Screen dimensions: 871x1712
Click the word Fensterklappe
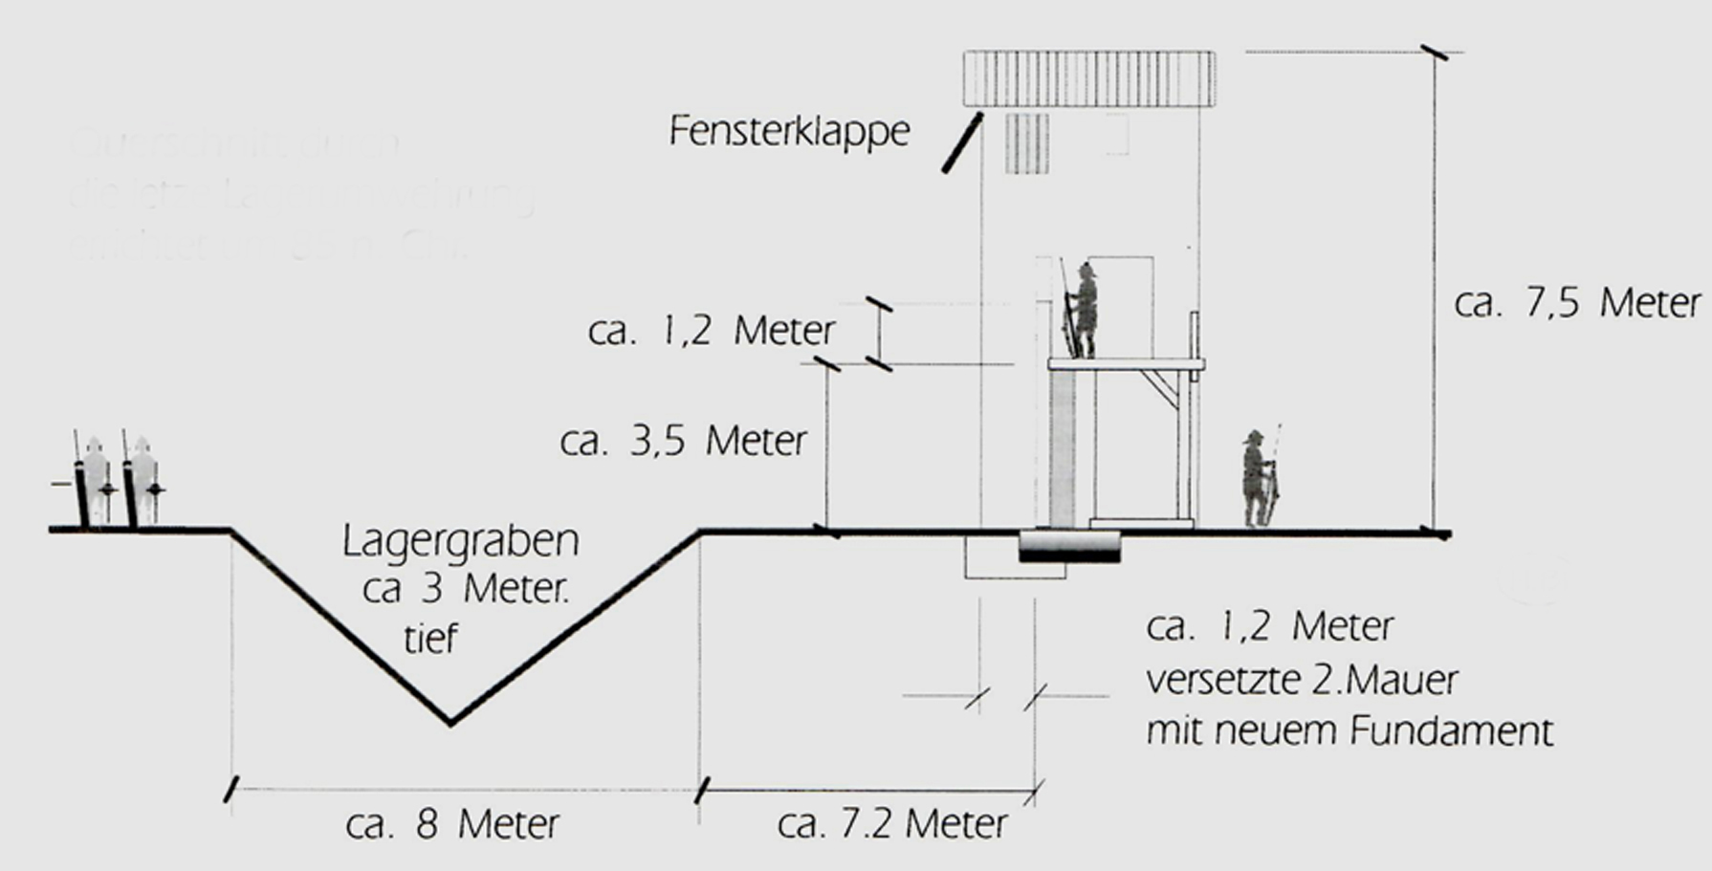789,131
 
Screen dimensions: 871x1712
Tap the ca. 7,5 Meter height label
1577,303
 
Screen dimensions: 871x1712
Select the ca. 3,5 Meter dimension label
684,441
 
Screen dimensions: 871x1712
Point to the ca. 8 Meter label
452,824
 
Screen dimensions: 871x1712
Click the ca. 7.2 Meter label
892,824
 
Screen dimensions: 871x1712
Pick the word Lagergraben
461,541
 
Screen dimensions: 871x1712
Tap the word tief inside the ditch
430,639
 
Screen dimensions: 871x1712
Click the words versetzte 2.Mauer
1302,681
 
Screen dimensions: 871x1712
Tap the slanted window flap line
962,143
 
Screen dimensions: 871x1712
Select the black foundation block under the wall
1069,547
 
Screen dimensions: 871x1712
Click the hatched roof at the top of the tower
1088,78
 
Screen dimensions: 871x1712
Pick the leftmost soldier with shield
93,481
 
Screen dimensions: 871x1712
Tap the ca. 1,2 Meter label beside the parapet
712,331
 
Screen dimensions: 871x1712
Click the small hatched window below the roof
1027,143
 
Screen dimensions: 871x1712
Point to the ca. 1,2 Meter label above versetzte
1269,627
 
